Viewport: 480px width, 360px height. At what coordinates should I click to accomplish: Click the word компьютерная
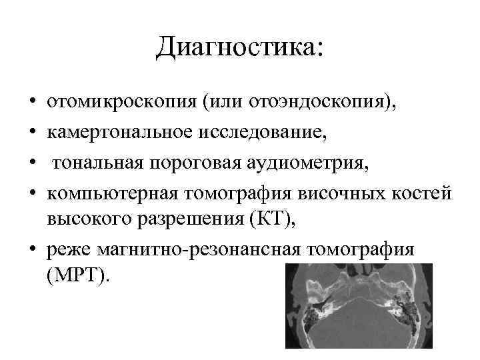coord(111,191)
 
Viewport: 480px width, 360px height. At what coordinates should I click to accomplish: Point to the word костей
coord(421,191)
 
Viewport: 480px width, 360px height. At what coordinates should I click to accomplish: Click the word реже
coord(68,249)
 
